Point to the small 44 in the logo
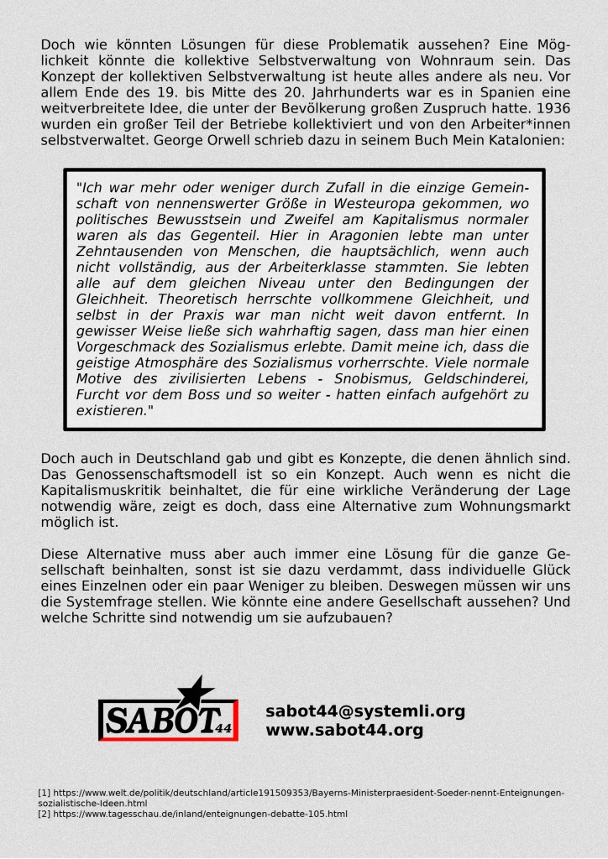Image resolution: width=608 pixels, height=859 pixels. click(223, 726)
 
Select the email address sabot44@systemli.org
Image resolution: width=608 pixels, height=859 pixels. click(364, 711)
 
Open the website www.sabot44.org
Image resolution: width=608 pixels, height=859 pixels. click(344, 730)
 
